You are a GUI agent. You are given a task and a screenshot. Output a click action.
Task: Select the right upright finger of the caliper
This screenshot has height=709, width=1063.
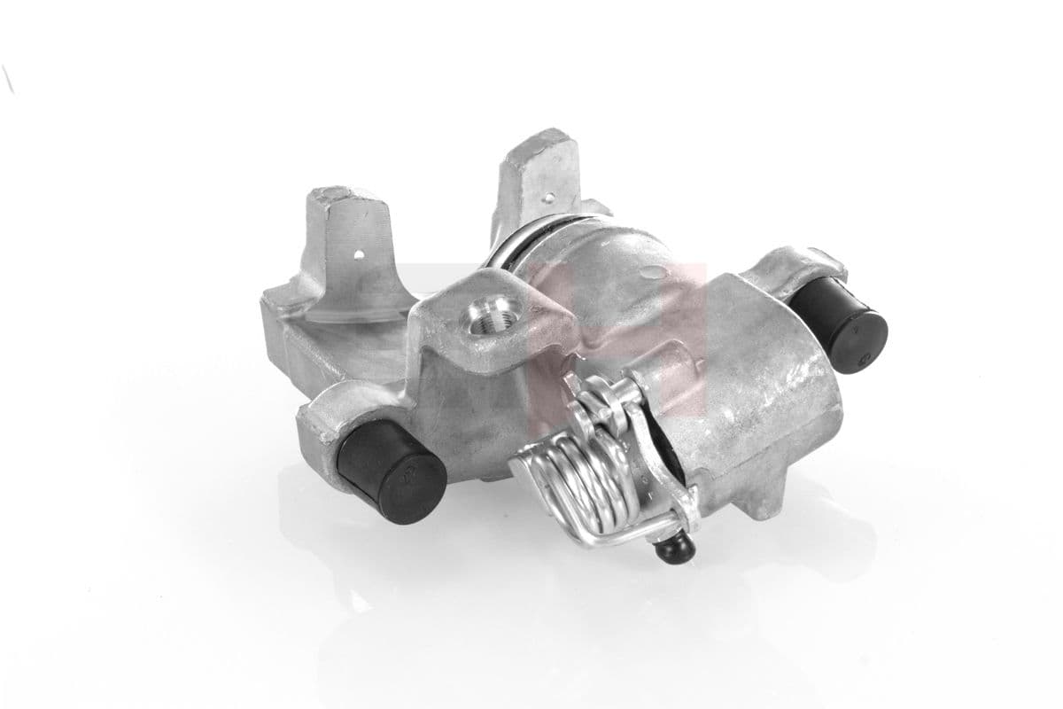click(x=540, y=177)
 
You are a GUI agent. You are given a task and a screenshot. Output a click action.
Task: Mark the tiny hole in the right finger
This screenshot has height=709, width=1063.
click(x=556, y=188)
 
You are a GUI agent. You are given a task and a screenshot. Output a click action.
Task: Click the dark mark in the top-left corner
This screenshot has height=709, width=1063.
click(x=8, y=80)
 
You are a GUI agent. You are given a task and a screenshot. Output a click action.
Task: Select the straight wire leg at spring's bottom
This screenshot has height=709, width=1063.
click(x=611, y=536)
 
